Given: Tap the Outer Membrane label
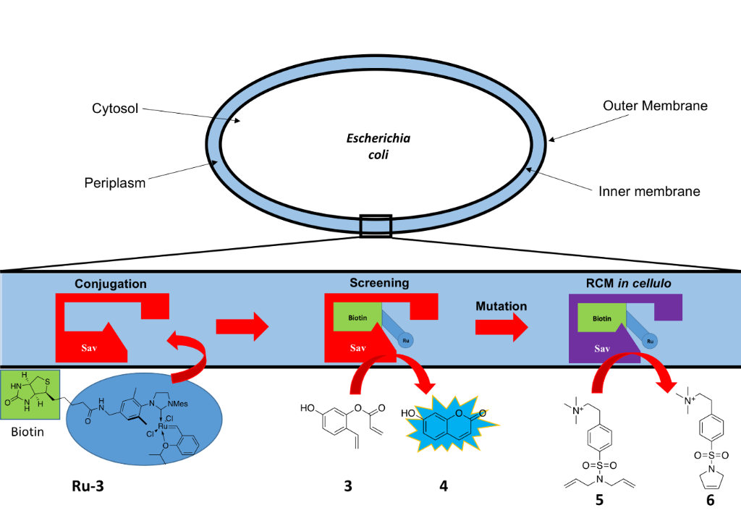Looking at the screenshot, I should pos(655,106).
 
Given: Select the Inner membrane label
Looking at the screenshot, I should pos(649,192).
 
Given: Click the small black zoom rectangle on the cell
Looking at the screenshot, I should pos(376,226).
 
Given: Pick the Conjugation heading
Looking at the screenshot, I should pos(111,284).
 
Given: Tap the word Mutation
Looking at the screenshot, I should pos(501,305).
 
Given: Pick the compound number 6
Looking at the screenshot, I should pos(709,499).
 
